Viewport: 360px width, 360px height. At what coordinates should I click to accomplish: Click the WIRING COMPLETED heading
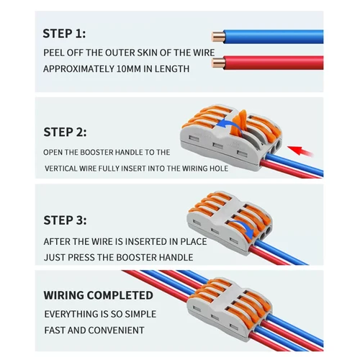(x=98, y=295)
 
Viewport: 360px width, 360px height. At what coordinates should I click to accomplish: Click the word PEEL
(x=56, y=52)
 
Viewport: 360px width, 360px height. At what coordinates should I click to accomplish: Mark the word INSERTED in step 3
(x=138, y=242)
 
